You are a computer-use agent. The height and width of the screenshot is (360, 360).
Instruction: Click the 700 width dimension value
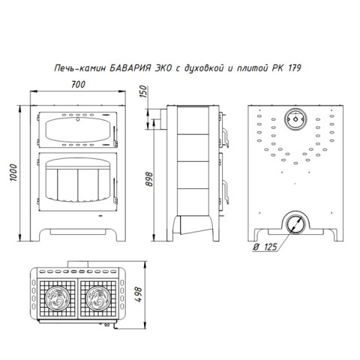(x=78, y=85)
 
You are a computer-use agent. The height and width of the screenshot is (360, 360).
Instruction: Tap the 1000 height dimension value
(x=13, y=172)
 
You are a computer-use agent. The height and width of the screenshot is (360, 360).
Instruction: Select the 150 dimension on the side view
(x=143, y=91)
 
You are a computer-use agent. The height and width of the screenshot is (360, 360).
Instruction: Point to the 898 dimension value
(x=149, y=179)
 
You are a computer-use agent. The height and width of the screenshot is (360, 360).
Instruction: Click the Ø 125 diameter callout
(x=265, y=247)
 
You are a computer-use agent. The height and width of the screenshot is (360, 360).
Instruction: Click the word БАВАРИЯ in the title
(x=130, y=68)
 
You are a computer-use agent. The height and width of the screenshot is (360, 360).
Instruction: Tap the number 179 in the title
(x=295, y=68)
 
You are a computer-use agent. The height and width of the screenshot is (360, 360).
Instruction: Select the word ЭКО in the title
(x=163, y=68)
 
